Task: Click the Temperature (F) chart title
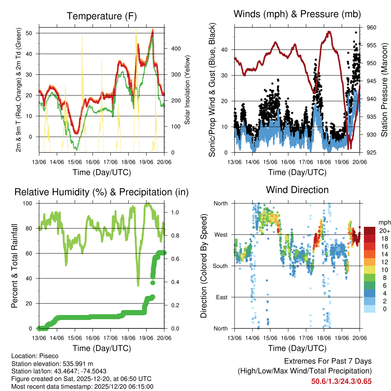click(102, 16)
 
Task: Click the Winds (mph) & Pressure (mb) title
click(297, 14)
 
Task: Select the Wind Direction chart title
click(297, 189)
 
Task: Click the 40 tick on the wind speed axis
click(227, 50)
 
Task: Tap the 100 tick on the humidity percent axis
click(31, 204)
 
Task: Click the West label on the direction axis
click(221, 234)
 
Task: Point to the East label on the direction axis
click(222, 297)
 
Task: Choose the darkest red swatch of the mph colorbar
click(370, 231)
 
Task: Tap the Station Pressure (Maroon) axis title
click(385, 89)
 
